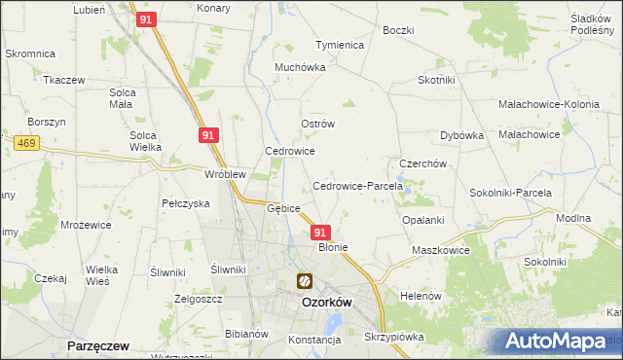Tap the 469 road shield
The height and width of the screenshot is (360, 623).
pyautogui.click(x=26, y=143)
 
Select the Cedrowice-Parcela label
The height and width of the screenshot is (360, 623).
pyautogui.click(x=350, y=186)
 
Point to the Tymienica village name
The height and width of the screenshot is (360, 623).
pyautogui.click(x=339, y=46)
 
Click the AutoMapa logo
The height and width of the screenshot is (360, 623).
pyautogui.click(x=556, y=342)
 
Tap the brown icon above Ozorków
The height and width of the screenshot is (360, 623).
pyautogui.click(x=305, y=282)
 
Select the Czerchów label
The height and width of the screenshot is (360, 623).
pyautogui.click(x=422, y=164)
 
